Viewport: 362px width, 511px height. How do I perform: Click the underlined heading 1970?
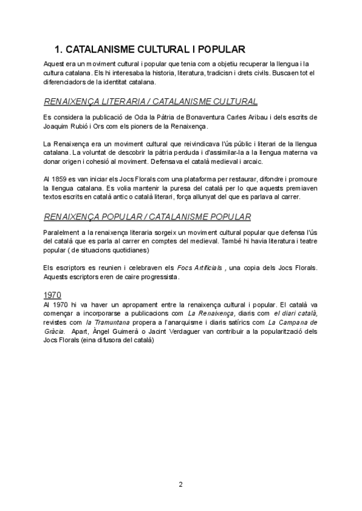pos(54,295)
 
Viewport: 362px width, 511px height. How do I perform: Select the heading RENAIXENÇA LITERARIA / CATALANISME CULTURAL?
pos(151,101)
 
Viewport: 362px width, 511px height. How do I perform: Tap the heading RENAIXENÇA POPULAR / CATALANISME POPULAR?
pos(148,216)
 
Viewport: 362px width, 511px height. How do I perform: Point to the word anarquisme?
pos(193,324)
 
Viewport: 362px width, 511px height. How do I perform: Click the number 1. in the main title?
pos(59,49)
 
